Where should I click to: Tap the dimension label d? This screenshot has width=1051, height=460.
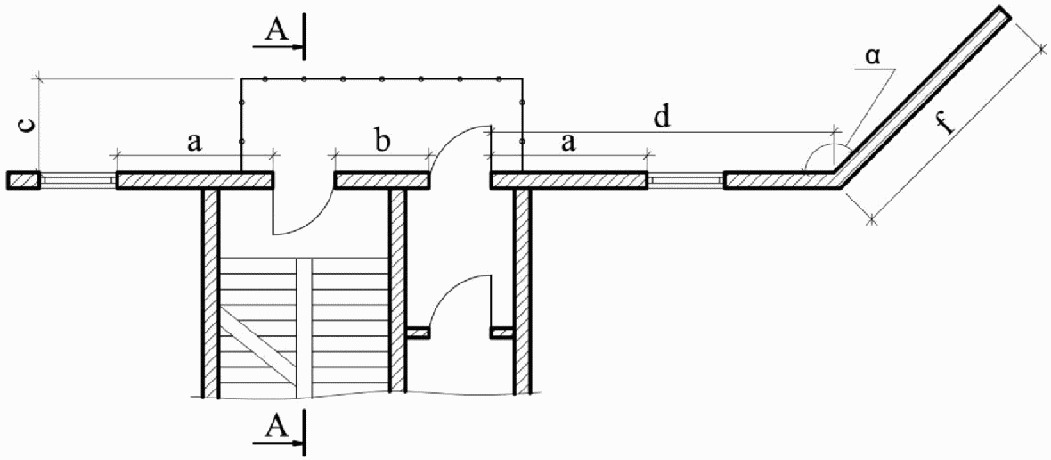(661, 117)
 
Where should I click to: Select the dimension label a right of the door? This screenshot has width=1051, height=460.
(566, 141)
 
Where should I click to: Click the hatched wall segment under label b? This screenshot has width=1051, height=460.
(382, 180)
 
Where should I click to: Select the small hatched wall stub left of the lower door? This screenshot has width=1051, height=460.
(418, 333)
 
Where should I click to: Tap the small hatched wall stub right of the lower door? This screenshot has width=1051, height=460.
(502, 333)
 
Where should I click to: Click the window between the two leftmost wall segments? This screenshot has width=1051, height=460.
(77, 180)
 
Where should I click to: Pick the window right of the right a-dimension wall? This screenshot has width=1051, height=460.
(686, 180)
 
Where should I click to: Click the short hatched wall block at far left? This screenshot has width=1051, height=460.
(23, 180)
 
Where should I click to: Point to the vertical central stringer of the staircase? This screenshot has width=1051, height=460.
(305, 321)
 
